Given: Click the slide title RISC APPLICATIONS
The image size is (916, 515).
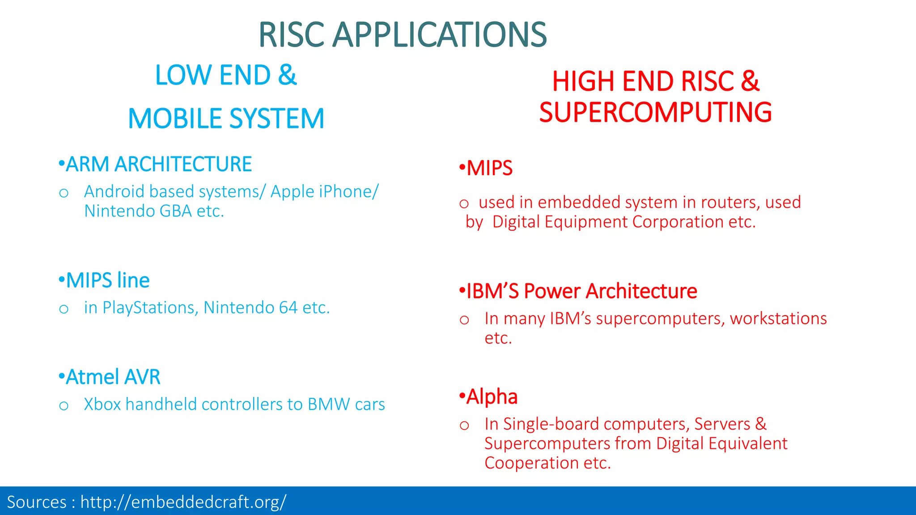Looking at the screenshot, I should pyautogui.click(x=403, y=35).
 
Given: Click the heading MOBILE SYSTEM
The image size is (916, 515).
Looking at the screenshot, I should pyautogui.click(x=226, y=119).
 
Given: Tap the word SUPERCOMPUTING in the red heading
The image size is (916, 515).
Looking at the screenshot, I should pyautogui.click(x=655, y=112).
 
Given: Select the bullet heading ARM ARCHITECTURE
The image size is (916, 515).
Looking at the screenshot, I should pyautogui.click(x=158, y=164).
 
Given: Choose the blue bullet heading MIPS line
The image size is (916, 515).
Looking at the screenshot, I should pyautogui.click(x=107, y=281).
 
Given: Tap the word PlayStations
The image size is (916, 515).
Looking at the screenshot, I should pyautogui.click(x=150, y=308).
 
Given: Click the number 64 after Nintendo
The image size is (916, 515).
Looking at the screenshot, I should pyautogui.click(x=288, y=308).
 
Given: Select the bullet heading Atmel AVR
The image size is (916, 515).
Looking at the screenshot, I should pyautogui.click(x=113, y=377).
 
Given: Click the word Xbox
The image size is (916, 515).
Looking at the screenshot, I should pyautogui.click(x=102, y=405).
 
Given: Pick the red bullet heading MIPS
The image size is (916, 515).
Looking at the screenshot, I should pyautogui.click(x=489, y=169).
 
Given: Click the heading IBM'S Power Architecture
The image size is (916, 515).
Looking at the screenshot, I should pyautogui.click(x=581, y=291).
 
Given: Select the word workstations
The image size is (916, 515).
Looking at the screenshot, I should pyautogui.click(x=778, y=319).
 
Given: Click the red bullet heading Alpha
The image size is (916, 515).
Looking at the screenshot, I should pyautogui.click(x=492, y=397).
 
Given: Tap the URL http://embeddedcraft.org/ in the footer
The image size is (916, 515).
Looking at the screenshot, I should pyautogui.click(x=183, y=502).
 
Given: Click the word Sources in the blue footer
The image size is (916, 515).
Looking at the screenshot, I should pyautogui.click(x=37, y=502).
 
